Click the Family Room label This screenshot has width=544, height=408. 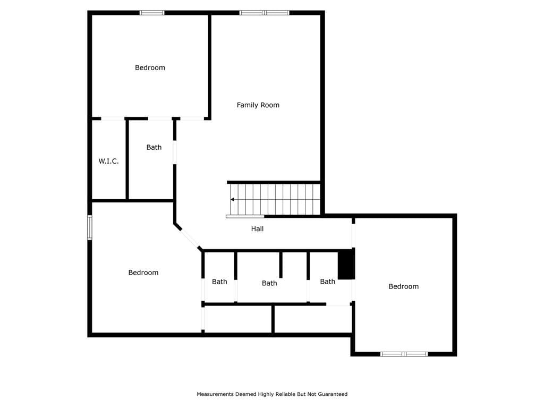click(x=258, y=105)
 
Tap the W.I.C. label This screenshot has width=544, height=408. click(x=108, y=161)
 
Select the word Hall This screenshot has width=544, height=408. click(x=258, y=228)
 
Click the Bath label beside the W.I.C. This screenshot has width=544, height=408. click(x=154, y=147)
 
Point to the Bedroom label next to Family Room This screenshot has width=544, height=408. click(x=150, y=67)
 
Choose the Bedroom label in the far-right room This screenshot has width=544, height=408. click(x=404, y=286)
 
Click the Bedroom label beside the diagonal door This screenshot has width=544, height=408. click(x=143, y=273)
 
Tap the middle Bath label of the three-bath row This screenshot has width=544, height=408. click(x=269, y=283)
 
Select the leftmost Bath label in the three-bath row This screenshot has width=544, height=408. click(x=219, y=282)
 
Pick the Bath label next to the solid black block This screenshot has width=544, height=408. click(x=327, y=282)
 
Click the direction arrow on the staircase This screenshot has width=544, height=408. click(x=232, y=200)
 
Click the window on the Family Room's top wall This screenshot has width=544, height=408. click(x=265, y=13)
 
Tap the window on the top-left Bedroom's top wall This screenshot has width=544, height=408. click(x=152, y=13)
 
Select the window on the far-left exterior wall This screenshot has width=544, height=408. click(x=89, y=227)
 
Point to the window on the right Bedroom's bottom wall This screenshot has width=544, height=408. click(x=404, y=354)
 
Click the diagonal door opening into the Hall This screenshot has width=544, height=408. click(x=190, y=238)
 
